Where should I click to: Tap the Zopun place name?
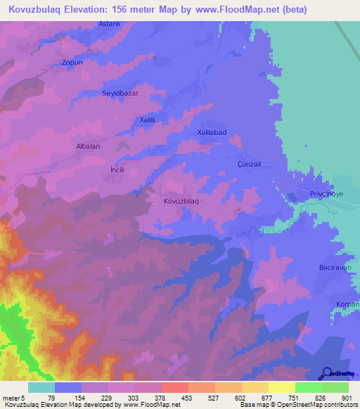(x=72, y=63)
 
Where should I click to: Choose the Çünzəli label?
(x=249, y=164)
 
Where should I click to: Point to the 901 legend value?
(x=346, y=398)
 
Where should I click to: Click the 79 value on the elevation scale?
(x=51, y=398)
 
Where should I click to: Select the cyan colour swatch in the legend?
(x=41, y=387)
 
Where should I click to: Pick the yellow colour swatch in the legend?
(x=281, y=387)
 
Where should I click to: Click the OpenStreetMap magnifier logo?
(x=326, y=373)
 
